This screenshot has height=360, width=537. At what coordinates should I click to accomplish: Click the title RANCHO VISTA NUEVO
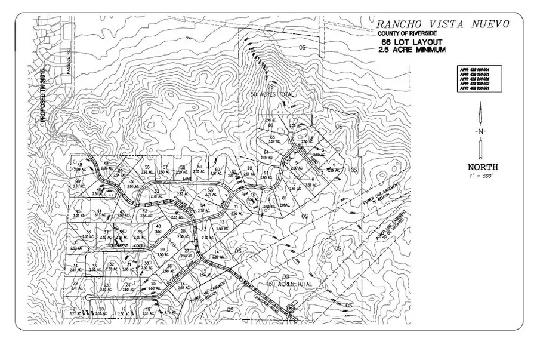coord(442,24)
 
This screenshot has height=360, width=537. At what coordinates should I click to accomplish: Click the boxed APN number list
coord(479,78)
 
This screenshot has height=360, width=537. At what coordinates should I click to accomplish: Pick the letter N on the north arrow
coord(480,131)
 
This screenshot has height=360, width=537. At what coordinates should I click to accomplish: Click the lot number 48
coord(79,165)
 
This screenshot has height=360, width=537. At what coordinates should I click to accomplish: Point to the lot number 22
coord(75,283)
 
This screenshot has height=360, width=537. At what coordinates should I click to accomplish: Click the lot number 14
coord(217,251)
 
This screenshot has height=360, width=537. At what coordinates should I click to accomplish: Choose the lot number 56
coord(147,167)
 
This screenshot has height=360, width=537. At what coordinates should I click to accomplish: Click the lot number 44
coord(100,210)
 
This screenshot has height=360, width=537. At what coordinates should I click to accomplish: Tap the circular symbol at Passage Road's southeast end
coord(291,308)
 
